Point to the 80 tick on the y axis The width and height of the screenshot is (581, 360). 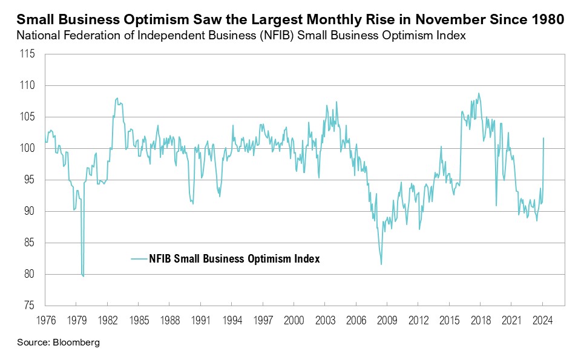pyautogui.click(x=30, y=274)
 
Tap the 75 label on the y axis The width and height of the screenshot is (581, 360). pyautogui.click(x=30, y=306)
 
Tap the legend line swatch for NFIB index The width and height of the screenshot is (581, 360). pyautogui.click(x=143, y=258)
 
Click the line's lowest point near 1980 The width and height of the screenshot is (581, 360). pyautogui.click(x=83, y=277)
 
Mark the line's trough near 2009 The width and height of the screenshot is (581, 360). pyautogui.click(x=381, y=264)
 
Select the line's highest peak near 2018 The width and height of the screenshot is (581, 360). pyautogui.click(x=479, y=93)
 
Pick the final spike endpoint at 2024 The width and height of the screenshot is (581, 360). pyautogui.click(x=543, y=138)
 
